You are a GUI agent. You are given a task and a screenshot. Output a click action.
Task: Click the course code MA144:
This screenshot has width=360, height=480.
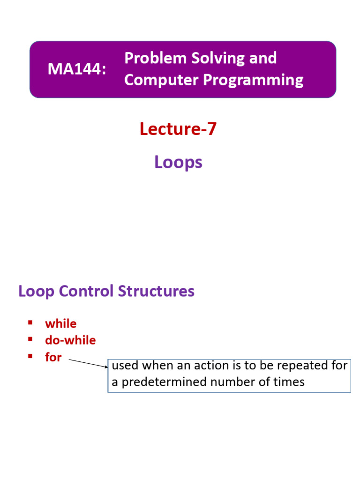77,68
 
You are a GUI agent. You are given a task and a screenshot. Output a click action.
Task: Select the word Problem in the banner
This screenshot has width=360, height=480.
156,58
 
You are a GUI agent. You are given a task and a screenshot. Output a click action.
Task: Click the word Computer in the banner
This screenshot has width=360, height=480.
161,81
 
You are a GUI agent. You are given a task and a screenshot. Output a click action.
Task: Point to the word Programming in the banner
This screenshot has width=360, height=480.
253,81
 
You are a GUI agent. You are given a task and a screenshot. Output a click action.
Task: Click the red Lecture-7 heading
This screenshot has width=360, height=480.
178,128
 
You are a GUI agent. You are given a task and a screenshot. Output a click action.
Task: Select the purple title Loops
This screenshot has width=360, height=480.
178,162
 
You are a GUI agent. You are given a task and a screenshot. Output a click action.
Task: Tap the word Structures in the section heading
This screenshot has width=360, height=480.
156,291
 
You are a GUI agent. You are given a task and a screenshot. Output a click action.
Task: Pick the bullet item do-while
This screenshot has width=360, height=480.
70,340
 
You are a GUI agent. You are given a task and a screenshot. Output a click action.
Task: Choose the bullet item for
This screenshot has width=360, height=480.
53,357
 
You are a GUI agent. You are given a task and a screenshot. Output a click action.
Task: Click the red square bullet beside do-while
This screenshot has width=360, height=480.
30,339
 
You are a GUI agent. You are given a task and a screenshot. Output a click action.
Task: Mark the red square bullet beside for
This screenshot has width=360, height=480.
30,356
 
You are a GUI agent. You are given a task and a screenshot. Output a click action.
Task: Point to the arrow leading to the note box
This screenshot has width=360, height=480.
89,363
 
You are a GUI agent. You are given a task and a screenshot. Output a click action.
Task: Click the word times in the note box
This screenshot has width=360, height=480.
289,382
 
